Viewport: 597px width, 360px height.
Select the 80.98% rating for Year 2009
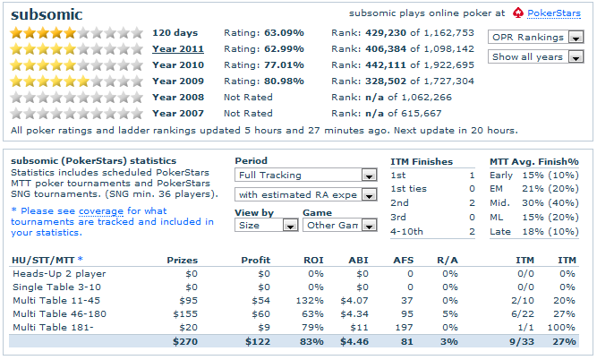click(x=282, y=81)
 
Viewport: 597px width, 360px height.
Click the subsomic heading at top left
click(x=46, y=14)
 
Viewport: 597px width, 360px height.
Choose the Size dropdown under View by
click(x=266, y=225)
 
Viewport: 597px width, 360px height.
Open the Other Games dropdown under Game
click(x=331, y=225)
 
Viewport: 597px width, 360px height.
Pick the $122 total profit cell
click(x=256, y=340)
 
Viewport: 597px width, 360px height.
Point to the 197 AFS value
click(x=400, y=327)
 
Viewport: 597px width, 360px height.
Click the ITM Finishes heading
click(x=422, y=161)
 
